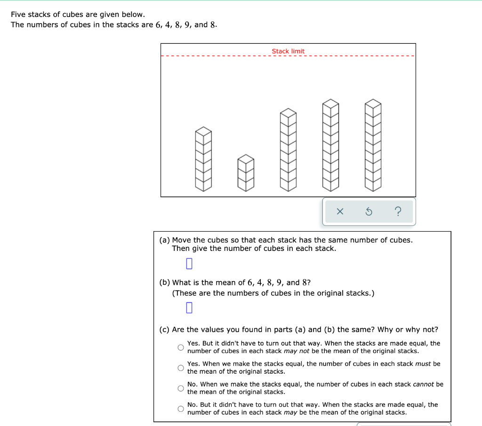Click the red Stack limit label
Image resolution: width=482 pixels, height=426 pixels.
point(288,51)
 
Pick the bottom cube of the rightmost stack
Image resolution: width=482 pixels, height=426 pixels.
point(373,185)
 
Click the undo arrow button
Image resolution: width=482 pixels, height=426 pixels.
point(369,212)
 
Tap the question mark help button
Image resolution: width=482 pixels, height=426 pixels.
point(398,212)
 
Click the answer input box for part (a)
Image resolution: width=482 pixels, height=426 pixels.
point(189,263)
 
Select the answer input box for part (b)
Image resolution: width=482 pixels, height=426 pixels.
point(189,308)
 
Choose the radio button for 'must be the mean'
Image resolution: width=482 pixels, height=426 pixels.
point(180,368)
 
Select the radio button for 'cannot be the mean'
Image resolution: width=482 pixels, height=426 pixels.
point(180,388)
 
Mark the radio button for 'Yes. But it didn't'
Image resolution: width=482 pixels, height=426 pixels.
point(180,347)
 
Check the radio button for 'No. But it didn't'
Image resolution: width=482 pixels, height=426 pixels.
point(180,409)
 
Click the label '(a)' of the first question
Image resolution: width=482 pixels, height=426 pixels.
point(165,240)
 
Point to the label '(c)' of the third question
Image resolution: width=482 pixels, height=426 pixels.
point(165,330)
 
